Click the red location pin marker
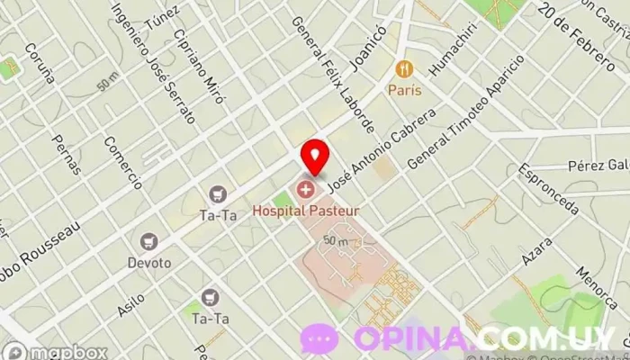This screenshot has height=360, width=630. pos(314,157)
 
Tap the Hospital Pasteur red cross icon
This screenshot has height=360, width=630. pos(306,190)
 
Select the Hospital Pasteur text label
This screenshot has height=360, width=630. pos(306,210)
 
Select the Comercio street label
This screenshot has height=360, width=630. pos(122,163)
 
